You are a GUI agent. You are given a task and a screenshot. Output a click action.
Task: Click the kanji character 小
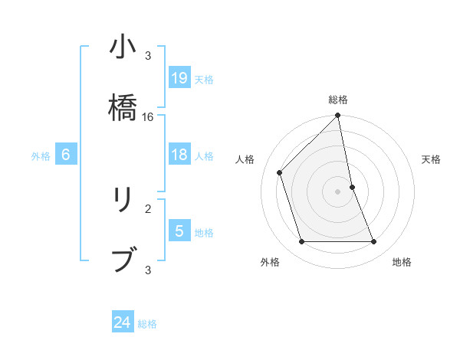(123, 49)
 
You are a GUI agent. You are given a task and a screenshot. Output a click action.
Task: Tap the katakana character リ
(123, 200)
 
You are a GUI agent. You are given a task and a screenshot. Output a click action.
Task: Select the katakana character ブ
(123, 259)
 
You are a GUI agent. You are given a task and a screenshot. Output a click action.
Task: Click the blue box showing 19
(179, 77)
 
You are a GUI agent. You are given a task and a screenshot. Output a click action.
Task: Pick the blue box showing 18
(179, 155)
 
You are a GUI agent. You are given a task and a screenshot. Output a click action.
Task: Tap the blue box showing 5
(179, 231)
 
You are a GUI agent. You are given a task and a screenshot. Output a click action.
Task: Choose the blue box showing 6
(66, 155)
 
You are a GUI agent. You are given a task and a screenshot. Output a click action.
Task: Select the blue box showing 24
(123, 322)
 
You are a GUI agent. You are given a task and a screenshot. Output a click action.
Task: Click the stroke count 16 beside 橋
(148, 117)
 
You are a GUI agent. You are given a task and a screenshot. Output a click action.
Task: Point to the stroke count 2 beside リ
(148, 208)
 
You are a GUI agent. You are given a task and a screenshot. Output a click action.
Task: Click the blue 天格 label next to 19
(204, 79)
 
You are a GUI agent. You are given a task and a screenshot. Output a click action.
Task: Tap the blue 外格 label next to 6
(41, 155)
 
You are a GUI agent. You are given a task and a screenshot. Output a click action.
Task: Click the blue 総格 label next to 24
(147, 324)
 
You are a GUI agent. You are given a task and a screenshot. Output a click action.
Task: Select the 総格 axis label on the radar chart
(338, 100)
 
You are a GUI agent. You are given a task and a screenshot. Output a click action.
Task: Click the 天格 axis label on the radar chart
(432, 159)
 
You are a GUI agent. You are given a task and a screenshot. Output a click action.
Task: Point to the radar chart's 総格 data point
(338, 116)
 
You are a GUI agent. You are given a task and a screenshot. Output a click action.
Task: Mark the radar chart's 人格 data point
(280, 172)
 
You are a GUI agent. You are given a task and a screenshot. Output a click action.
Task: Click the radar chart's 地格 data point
(374, 242)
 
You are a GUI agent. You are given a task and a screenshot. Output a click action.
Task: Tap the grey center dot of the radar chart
(338, 191)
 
